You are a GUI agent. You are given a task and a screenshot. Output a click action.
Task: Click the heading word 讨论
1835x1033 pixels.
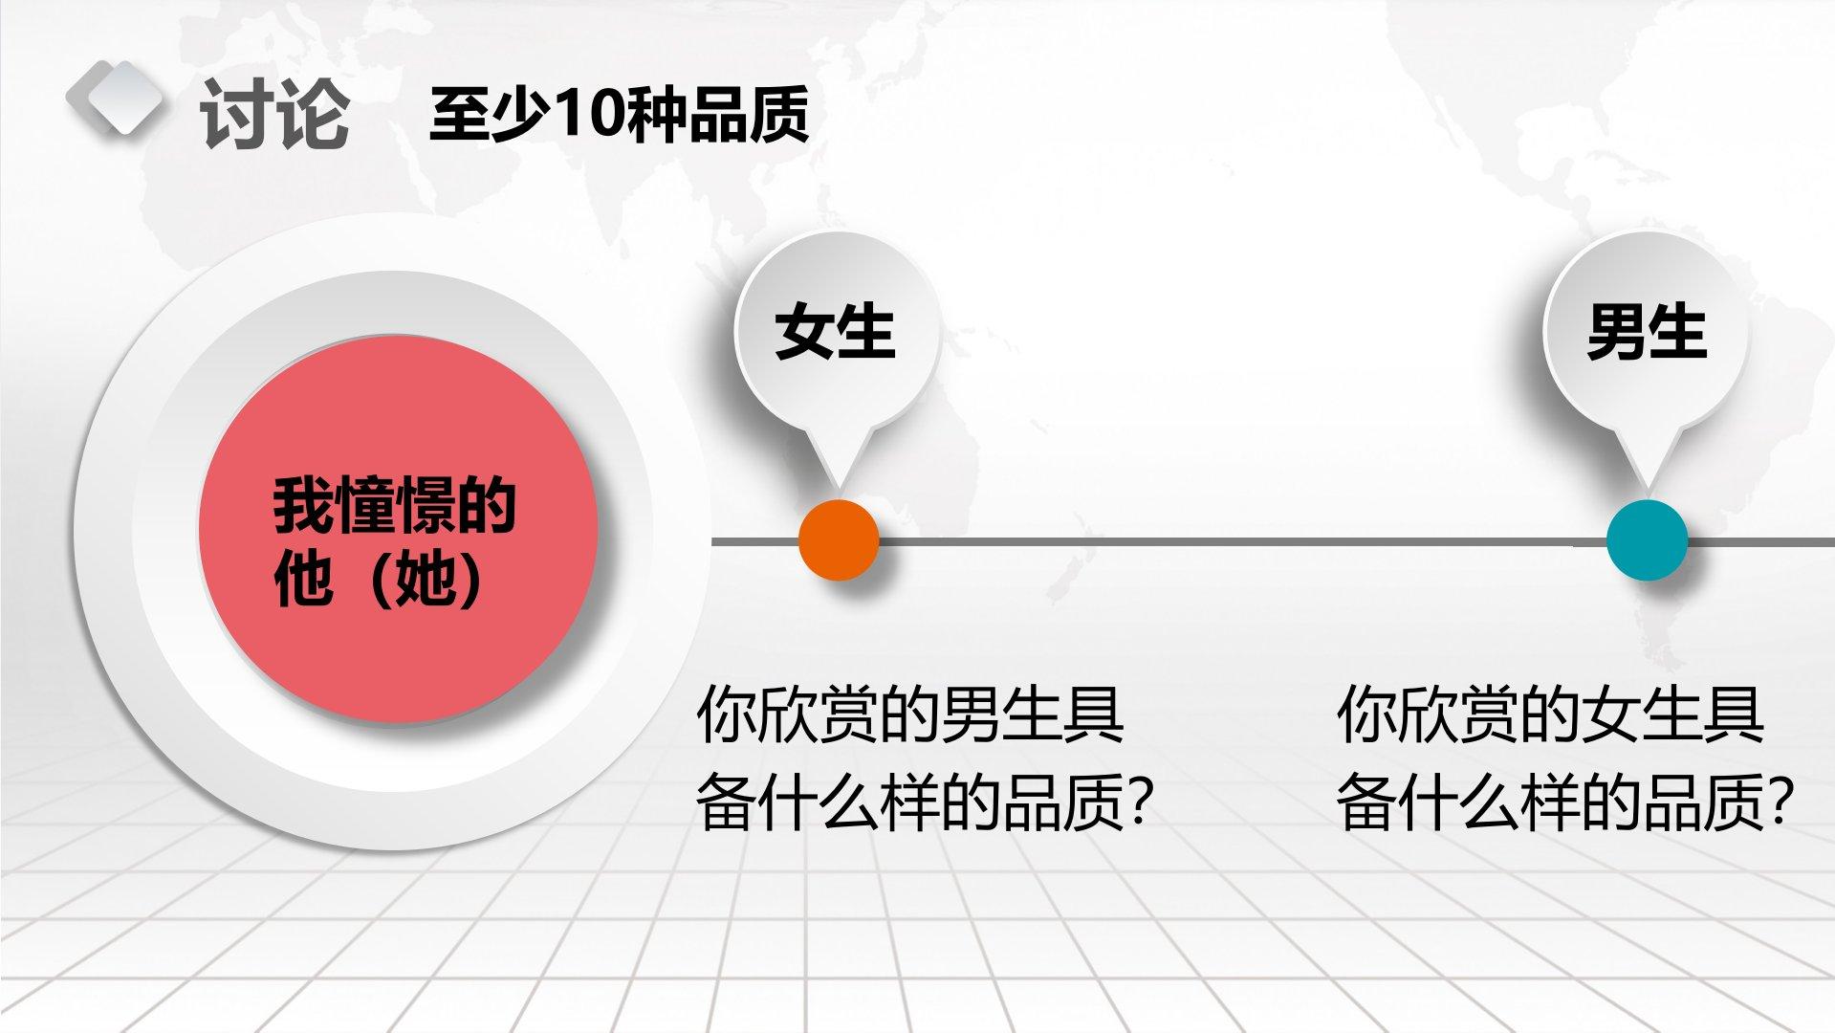[x=273, y=115]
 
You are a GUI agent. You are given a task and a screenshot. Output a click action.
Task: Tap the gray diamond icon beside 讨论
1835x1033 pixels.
[x=114, y=98]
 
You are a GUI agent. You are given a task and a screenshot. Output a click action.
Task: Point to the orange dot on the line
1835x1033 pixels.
[x=839, y=539]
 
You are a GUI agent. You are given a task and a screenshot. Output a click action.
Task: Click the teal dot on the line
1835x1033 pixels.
[x=1647, y=539]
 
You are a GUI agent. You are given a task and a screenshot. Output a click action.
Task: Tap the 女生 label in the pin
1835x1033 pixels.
[x=835, y=332]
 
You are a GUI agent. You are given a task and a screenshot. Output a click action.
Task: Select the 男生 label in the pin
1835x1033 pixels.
[x=1647, y=332]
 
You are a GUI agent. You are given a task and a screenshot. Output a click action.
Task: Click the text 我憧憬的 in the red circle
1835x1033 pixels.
[x=395, y=505]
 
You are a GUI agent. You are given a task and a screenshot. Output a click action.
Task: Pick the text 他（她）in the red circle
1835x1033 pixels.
[x=381, y=578]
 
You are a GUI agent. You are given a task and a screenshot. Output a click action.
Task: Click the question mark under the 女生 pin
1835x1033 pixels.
[x=1137, y=802]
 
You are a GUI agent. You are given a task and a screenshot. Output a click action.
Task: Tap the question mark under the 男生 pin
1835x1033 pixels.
[x=1778, y=802]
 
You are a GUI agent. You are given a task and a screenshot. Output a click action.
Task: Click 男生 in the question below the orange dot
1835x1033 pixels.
[x=1000, y=714]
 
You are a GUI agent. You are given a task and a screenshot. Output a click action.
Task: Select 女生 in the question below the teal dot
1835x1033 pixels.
[x=1641, y=714]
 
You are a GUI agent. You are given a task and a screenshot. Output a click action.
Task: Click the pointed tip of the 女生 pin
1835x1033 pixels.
[x=839, y=495]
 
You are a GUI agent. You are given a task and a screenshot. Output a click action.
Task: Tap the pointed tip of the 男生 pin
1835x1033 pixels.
[x=1647, y=495]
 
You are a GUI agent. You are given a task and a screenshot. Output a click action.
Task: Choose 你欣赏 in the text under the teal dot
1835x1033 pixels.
[x=1428, y=714]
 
